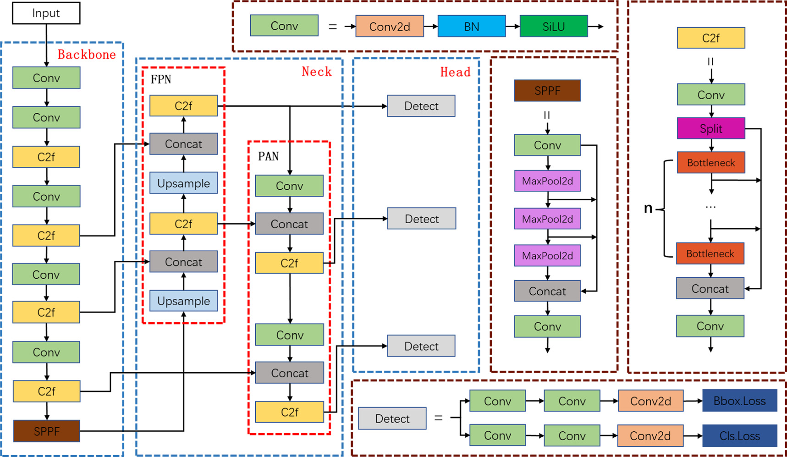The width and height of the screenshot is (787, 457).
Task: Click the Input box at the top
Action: click(46, 13)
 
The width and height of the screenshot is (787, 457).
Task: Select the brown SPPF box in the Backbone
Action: click(46, 431)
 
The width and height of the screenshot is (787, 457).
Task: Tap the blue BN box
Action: click(472, 26)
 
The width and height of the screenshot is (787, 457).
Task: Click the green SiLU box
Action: click(553, 26)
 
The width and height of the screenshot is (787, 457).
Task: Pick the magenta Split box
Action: click(710, 128)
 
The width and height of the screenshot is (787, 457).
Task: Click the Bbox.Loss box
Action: click(739, 401)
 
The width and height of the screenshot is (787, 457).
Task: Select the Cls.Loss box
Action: click(739, 436)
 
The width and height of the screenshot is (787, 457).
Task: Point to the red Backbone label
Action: click(87, 55)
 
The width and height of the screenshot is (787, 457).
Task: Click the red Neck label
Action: click(317, 72)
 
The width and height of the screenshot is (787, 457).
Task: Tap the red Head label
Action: click(455, 72)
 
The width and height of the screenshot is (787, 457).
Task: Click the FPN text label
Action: click(161, 80)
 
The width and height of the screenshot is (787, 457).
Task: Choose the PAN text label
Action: click(268, 157)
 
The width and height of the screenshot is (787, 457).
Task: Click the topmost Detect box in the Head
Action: click(421, 106)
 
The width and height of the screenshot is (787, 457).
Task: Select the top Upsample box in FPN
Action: click(183, 183)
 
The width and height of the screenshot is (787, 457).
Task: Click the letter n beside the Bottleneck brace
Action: click(648, 209)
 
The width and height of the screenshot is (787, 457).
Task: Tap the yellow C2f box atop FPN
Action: click(183, 106)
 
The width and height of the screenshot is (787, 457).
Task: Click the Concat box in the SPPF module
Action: click(547, 291)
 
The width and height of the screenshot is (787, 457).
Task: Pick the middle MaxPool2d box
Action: click(547, 219)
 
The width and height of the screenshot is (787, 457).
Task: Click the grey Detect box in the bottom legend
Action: click(392, 418)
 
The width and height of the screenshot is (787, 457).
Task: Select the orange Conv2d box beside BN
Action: click(389, 27)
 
